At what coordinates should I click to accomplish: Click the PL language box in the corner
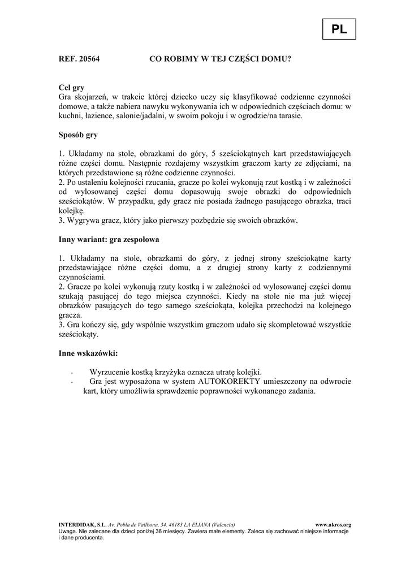pos(339,30)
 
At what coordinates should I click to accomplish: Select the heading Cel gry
pos(71,88)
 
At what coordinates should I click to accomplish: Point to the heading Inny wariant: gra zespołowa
pos(109,239)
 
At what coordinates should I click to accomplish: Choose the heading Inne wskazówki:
pos(88,353)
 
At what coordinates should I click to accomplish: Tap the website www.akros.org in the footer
pos(333,525)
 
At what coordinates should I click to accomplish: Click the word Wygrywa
pos(82,220)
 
